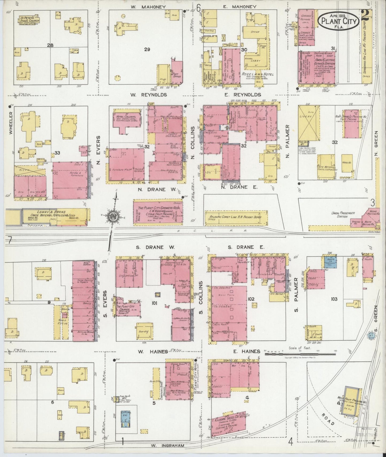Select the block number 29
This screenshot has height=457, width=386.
[147, 49]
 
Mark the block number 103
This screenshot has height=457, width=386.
[334, 299]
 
